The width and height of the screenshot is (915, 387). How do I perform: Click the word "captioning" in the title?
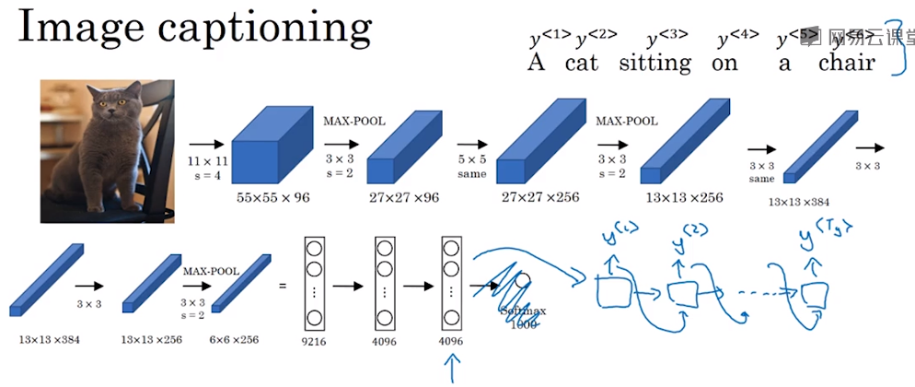263,31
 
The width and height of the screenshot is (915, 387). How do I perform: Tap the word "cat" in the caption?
582,64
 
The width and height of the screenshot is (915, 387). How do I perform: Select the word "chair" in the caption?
843,64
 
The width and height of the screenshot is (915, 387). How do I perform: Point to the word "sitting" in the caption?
654,64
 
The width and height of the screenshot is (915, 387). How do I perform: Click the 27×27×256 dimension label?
539,196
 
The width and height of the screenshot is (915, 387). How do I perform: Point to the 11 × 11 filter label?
205,163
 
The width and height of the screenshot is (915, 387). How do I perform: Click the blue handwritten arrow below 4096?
451,370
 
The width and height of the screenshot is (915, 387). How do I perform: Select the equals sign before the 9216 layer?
282,286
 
